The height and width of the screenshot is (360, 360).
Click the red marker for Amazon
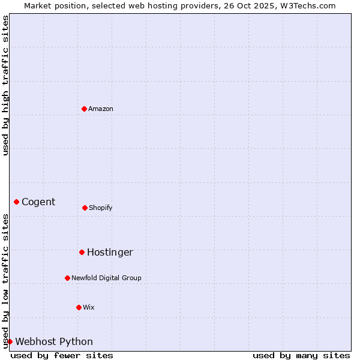tap(84, 109)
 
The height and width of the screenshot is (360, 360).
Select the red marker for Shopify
tap(85, 208)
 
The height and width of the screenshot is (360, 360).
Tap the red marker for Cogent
tap(16, 202)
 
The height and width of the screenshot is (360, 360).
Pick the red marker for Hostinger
tap(82, 252)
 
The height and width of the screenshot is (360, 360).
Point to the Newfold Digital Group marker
tap(67, 278)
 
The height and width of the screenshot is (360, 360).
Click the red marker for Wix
tap(79, 307)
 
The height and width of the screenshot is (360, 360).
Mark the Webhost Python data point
tap(10, 341)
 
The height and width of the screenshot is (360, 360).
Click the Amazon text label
tap(101, 109)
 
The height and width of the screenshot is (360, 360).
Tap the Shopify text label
tap(101, 208)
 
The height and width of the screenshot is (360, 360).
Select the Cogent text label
tap(38, 202)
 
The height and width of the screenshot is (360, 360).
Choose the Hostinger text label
tap(110, 252)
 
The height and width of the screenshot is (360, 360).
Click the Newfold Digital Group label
tap(106, 278)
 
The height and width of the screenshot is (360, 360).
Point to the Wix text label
tap(89, 307)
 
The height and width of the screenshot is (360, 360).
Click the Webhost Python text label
tap(54, 341)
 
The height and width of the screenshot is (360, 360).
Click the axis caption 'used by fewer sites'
tap(62, 355)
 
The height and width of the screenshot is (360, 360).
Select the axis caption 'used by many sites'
tap(301, 355)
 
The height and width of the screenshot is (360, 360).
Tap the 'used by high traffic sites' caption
tap(5, 85)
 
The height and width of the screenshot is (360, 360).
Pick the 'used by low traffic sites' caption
tap(5, 281)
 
